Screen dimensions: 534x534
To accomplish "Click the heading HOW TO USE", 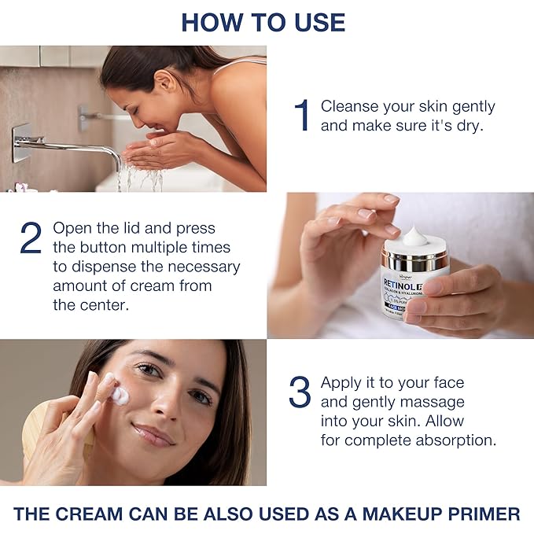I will point(263,21).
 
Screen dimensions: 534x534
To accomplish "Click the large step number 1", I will point(302,116).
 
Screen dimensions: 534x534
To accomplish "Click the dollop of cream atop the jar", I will point(414,235).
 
